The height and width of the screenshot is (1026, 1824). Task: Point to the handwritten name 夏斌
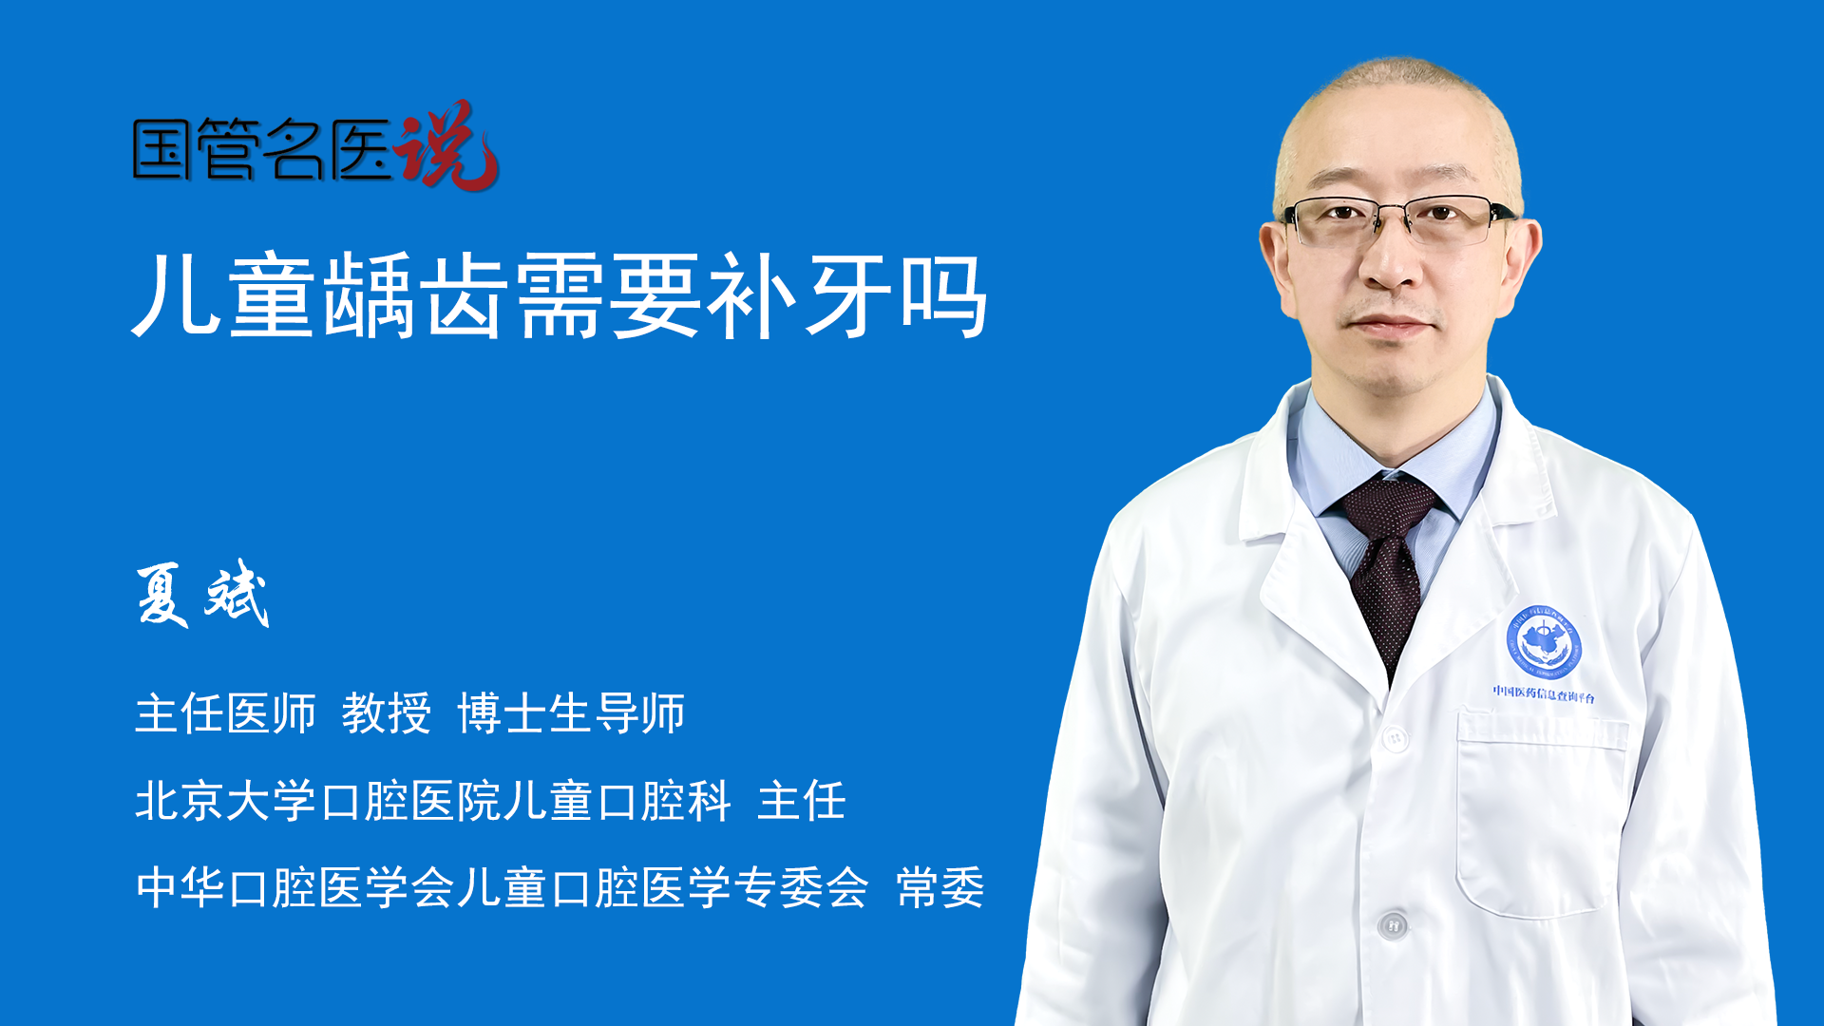202,594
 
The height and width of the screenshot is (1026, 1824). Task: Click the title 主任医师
225,713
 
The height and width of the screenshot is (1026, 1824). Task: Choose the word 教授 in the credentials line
387,713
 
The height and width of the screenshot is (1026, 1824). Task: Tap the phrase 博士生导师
571,713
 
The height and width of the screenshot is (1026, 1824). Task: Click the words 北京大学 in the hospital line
225,801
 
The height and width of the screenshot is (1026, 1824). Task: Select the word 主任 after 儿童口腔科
802,801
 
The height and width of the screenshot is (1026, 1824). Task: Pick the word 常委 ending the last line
940,888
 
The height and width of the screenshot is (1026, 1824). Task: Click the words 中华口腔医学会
295,888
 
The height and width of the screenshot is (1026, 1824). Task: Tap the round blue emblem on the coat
1544,642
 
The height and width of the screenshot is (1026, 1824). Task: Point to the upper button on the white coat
1395,738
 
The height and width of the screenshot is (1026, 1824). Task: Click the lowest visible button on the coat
1393,924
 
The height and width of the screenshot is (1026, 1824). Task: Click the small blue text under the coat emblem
1543,694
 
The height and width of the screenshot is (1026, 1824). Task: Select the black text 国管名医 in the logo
261,149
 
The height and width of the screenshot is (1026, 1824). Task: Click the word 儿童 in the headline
224,295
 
